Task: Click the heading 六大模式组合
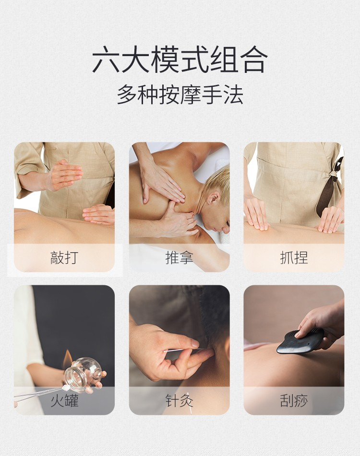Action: [180, 59]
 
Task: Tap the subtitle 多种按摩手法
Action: [180, 94]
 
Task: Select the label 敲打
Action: [64, 257]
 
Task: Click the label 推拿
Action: [179, 257]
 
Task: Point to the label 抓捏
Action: [294, 257]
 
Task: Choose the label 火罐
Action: [64, 401]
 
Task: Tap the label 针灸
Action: [179, 401]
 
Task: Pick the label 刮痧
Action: [294, 401]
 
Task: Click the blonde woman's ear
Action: [213, 200]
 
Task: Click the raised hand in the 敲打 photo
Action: [65, 175]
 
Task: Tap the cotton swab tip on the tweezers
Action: [66, 387]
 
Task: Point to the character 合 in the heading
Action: [253, 59]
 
